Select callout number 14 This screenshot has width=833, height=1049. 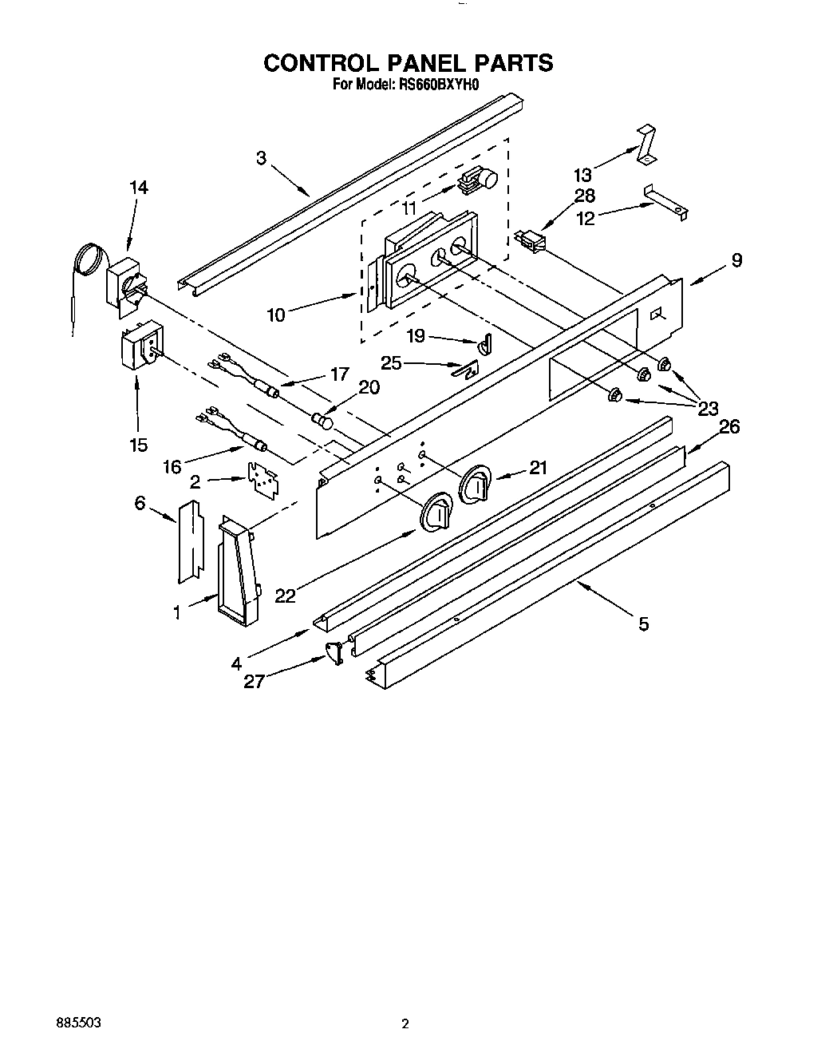coord(138,188)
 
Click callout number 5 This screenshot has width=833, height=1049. coord(643,623)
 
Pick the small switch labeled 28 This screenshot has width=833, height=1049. coord(531,240)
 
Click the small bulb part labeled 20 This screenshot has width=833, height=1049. coord(322,418)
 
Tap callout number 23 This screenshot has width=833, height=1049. coord(708,410)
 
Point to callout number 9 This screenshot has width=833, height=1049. coord(736,260)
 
